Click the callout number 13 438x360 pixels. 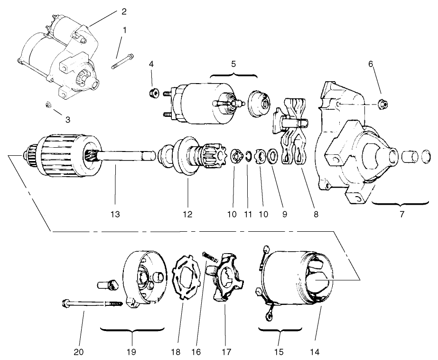coord(115,214)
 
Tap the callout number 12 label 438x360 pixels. coord(187,214)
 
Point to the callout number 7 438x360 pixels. coord(401,214)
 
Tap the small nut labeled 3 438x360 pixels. coord(48,104)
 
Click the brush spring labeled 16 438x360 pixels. coord(210,257)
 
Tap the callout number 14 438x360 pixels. coord(316,352)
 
